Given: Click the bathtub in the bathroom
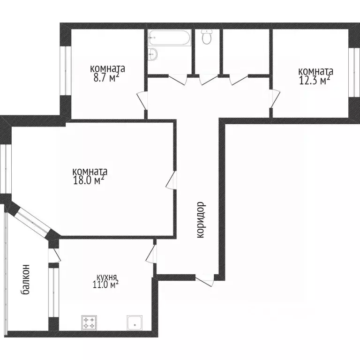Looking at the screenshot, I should pos(170,38).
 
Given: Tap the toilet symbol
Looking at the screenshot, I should pos(207,37).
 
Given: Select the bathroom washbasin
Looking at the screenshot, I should pos(153,54).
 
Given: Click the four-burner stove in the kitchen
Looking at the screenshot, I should pos(89,322).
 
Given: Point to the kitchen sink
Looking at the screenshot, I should pos(135,322).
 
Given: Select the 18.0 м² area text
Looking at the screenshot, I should pos(88,180).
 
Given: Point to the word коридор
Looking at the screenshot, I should pos(201,220).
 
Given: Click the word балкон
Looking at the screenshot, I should pos(26,279).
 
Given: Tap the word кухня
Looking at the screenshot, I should pos(107,277).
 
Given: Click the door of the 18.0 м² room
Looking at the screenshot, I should pos(172,181).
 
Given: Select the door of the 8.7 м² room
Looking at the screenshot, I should pos(141,100).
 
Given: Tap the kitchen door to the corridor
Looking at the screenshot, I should pos(151,254).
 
